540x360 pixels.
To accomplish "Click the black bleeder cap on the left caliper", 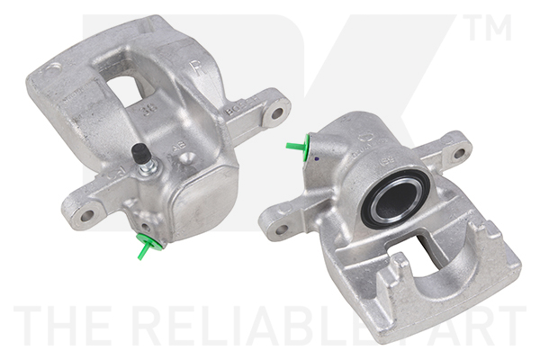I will coord(140,154).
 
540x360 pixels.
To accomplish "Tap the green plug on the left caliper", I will coord(145,243).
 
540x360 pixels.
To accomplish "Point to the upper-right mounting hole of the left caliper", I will coord(277,114).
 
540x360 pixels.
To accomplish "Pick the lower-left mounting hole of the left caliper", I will coord(86,214).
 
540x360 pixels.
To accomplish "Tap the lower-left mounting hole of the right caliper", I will coord(281,229).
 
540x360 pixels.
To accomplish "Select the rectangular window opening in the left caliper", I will coord(128,85).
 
